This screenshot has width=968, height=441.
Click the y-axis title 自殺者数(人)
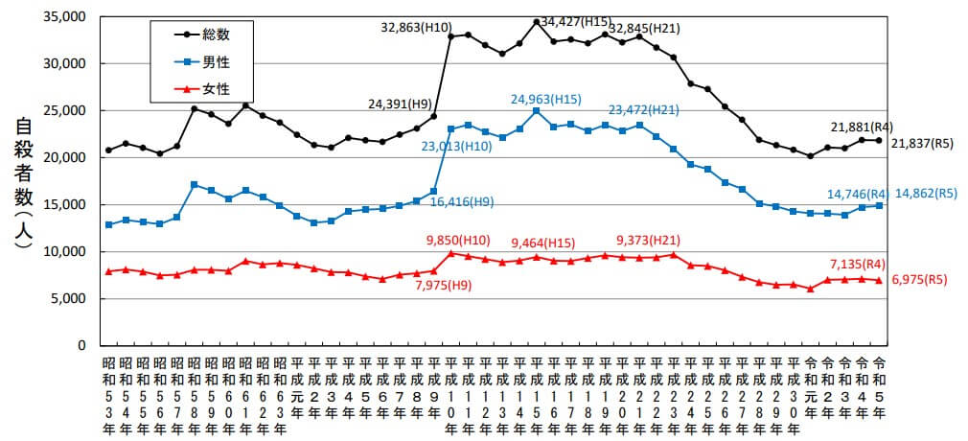click(25, 182)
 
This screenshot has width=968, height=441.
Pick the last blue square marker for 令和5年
click(879, 205)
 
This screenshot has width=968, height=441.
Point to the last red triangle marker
click(879, 280)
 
